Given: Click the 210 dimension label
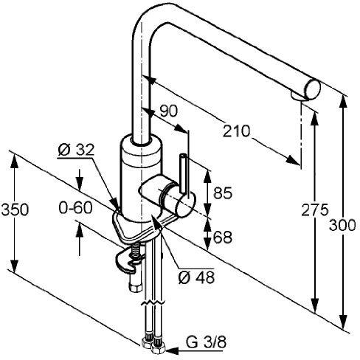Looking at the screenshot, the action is coord(236,131).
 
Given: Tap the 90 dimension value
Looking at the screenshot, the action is coord(168,111).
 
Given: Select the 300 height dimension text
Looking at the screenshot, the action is coord(342,225).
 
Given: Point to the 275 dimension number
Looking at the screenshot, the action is coord(315,210).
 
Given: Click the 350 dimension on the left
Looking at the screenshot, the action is coord(15,210).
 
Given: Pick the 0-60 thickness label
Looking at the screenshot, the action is coord(75,208).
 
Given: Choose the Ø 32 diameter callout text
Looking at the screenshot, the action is coord(76,150).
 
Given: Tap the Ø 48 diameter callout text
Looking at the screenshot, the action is coord(196,277).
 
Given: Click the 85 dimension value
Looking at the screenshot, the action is coord(223,193).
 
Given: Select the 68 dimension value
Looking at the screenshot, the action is coord(223,238).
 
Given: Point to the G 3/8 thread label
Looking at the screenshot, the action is coord(206,342).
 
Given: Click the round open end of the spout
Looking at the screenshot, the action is coord(313,90).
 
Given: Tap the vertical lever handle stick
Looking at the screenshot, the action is coord(183,173).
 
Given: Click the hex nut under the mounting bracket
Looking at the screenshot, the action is coord(136,288).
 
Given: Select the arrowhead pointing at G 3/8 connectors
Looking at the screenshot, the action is coord(171,350).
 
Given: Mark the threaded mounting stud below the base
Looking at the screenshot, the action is coord(135,251).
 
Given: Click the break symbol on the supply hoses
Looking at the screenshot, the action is coord(153,302).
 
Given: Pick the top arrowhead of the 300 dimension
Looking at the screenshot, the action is coord(343,102).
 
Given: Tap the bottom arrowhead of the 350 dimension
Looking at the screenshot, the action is coord(15,266).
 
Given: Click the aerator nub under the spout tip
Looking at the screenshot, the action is coord(297,96).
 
